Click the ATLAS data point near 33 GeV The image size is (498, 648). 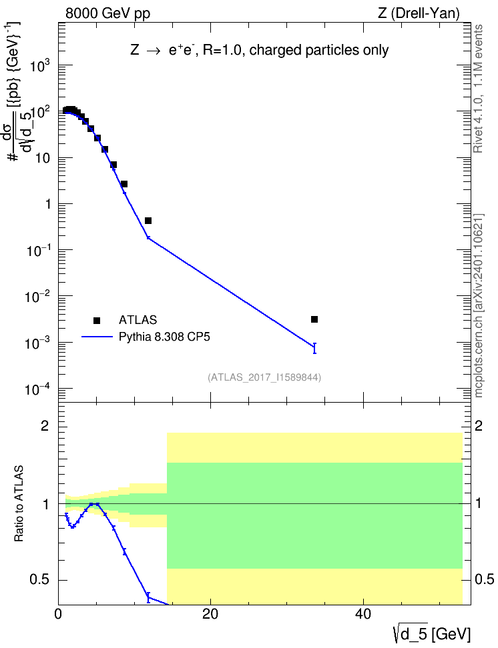coord(314,319)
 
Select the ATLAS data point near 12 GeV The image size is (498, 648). coord(148,221)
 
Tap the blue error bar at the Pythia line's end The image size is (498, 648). coord(314,348)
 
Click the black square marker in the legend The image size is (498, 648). coord(97,320)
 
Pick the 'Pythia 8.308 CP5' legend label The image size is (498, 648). coord(164,337)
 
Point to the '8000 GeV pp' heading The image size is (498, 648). coord(107,13)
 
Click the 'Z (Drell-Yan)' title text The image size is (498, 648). coord(419,13)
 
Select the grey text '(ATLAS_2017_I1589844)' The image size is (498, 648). coord(264,377)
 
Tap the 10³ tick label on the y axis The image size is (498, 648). coord(41,65)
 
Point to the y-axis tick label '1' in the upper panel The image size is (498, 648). coord(47,204)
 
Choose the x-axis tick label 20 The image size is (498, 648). coord(210,614)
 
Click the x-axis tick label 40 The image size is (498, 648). coord(363,614)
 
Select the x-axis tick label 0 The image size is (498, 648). coord(58,614)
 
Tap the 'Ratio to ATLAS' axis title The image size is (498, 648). coord(19,503)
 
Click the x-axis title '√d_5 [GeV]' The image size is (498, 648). coord(431,634)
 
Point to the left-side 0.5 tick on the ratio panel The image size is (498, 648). coord(40,579)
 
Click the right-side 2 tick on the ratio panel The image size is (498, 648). coord(479,425)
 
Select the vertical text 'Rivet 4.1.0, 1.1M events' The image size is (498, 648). coord(478,89)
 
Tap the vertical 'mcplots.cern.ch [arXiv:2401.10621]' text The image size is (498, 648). coord(478,305)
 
